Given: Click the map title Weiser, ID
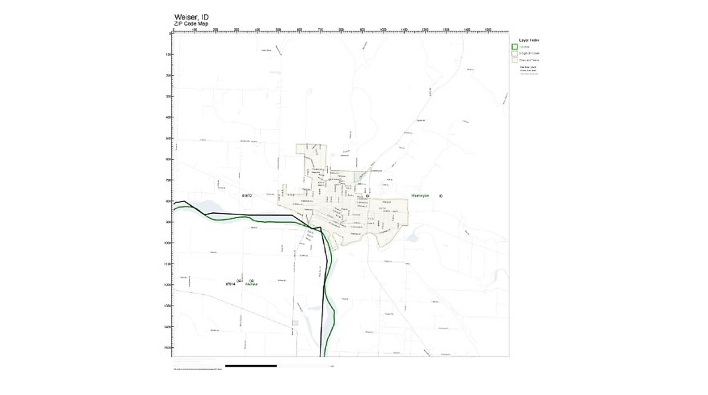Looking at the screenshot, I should (191, 17).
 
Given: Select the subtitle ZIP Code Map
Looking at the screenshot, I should (191, 24).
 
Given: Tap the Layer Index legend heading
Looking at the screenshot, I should (528, 40).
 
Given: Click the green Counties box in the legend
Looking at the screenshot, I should (514, 47).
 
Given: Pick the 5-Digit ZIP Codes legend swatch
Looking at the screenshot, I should (514, 53).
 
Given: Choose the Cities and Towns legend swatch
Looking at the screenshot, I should (514, 60).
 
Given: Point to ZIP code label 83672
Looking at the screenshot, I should (247, 195).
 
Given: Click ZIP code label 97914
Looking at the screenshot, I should (231, 284).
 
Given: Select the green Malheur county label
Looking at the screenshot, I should (252, 284).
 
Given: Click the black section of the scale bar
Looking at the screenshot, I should (251, 366).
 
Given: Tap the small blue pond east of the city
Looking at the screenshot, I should (411, 239).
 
